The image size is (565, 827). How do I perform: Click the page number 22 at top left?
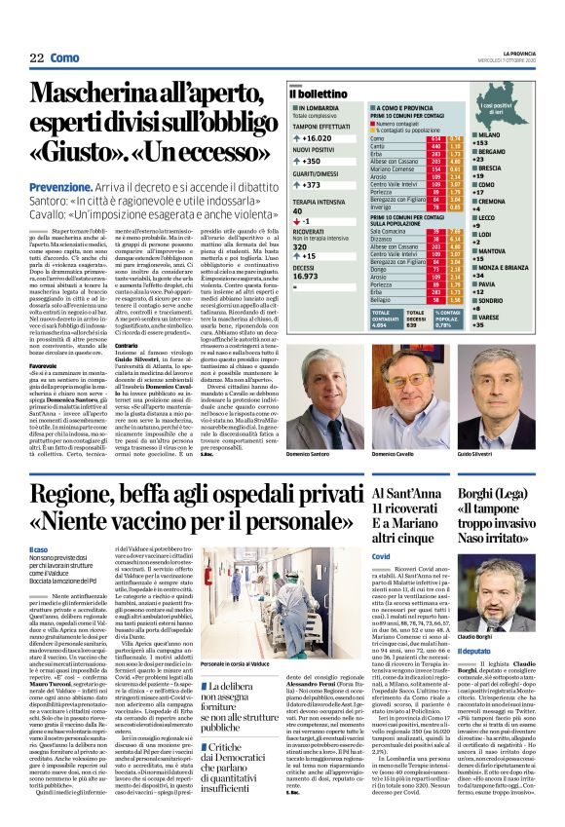(x=36, y=58)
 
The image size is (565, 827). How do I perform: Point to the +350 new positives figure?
(x=310, y=162)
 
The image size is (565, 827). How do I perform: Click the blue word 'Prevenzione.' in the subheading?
(x=58, y=185)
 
